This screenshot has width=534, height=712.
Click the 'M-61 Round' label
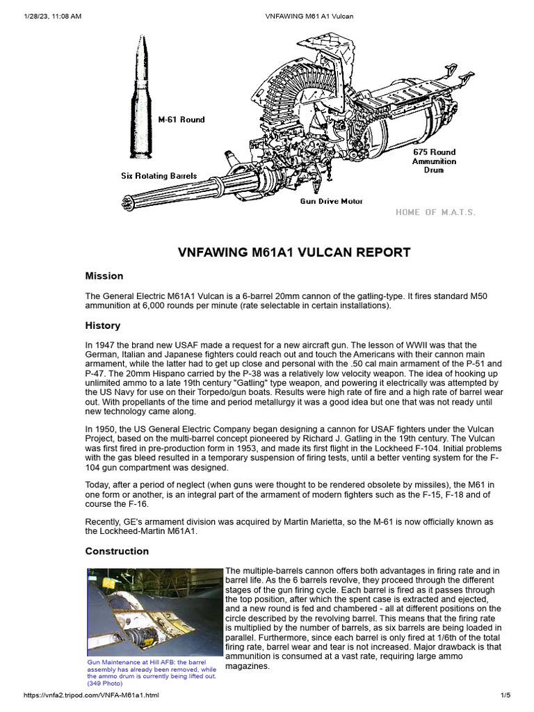pyautogui.click(x=181, y=120)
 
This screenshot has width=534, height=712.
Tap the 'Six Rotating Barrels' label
pyautogui.click(x=159, y=176)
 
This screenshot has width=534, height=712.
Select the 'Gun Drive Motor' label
pyautogui.click(x=331, y=201)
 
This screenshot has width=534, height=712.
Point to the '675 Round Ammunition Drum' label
pyautogui.click(x=434, y=161)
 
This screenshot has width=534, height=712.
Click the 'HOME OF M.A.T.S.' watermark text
pyautogui.click(x=435, y=212)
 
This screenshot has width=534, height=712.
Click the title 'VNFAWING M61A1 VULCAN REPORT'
pyautogui.click(x=294, y=252)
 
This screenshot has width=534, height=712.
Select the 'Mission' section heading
pyautogui.click(x=104, y=276)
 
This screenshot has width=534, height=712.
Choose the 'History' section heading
pyautogui.click(x=103, y=325)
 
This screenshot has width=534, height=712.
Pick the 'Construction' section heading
pyautogui.click(x=117, y=551)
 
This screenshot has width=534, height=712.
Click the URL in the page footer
pyautogui.click(x=92, y=695)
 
